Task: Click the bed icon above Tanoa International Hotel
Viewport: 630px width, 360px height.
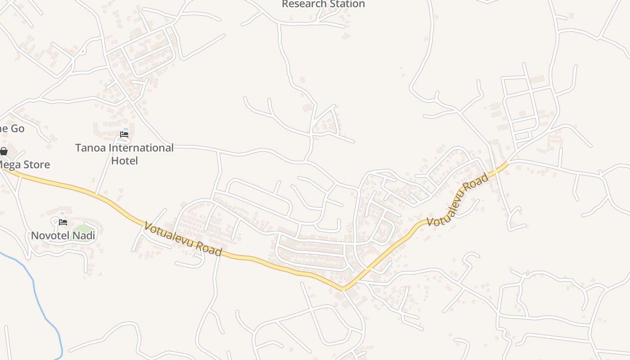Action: tap(124, 135)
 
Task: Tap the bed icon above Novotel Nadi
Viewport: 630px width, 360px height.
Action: tap(63, 222)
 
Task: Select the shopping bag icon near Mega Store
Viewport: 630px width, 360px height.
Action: tap(4, 151)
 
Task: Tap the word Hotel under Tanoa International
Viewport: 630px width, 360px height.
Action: tap(124, 161)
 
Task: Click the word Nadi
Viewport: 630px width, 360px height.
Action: tap(85, 235)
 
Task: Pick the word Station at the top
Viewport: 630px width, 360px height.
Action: tap(346, 4)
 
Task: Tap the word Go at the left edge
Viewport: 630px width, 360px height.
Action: tap(17, 129)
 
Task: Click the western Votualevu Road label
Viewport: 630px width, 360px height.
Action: tap(183, 238)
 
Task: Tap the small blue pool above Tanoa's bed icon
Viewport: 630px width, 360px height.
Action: tap(126, 130)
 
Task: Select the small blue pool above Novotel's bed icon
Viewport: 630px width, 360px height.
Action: tap(63, 213)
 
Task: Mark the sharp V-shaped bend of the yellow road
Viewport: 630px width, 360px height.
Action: tap(343, 288)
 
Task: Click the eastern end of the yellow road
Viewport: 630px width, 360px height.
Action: tap(507, 164)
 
